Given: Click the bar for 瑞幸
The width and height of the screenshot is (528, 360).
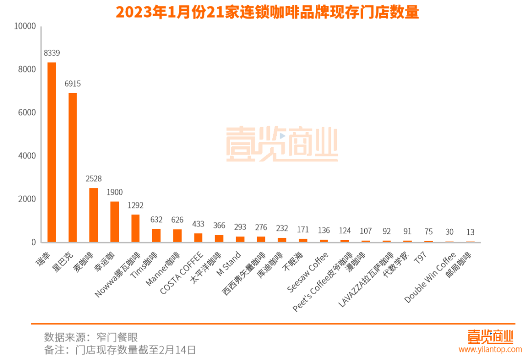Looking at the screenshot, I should [x=51, y=152].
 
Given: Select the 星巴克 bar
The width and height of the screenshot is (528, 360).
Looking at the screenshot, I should [x=72, y=167].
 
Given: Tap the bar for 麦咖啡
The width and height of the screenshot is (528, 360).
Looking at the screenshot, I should [x=93, y=215].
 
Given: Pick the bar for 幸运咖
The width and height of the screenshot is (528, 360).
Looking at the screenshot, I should [x=114, y=222].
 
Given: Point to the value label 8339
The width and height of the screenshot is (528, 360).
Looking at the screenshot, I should [x=51, y=53].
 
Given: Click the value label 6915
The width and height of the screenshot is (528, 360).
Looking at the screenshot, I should [x=72, y=84].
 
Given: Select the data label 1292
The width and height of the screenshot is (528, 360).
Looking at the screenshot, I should [x=135, y=205].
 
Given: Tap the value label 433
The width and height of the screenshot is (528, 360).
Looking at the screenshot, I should [x=198, y=224].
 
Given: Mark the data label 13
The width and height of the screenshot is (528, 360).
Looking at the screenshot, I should [x=470, y=232].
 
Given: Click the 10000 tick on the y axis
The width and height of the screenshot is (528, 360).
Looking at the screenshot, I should [x=25, y=26].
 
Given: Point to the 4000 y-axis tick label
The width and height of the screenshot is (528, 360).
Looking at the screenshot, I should [x=27, y=156].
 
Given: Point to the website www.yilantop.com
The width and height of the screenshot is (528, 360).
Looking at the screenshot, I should [x=490, y=349].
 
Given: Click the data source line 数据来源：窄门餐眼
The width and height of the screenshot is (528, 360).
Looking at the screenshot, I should [x=91, y=337].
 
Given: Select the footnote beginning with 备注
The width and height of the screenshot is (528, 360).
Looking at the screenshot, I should [x=120, y=350].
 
